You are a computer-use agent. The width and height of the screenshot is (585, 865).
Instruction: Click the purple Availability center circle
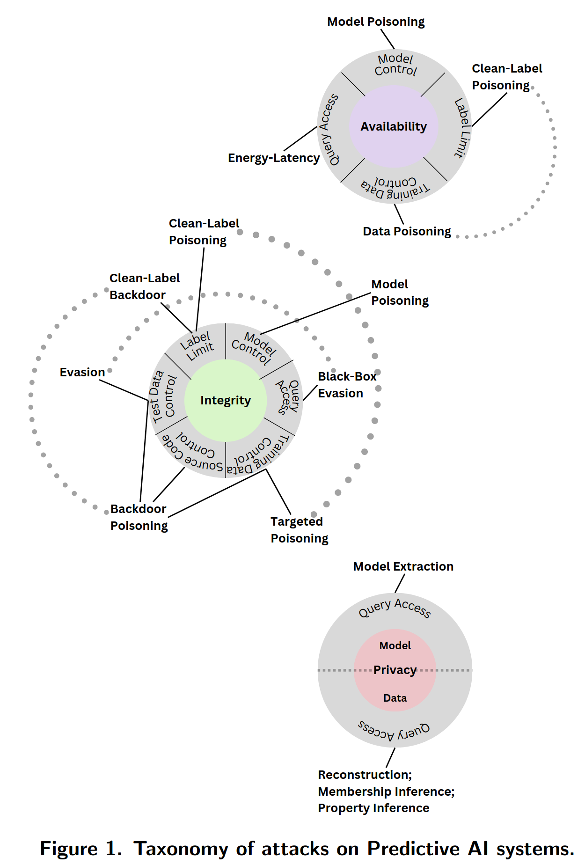coord(394,126)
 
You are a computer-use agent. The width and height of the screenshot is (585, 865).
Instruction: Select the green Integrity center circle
coord(226,401)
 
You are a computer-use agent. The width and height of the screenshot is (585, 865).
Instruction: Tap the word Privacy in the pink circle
coord(395,670)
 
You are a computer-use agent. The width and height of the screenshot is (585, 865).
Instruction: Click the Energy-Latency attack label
coord(274,158)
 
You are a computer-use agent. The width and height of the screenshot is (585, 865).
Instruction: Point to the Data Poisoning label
coord(407,231)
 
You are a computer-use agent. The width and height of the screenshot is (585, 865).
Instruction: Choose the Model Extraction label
coord(403,566)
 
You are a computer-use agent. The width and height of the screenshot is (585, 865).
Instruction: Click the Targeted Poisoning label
coord(299,530)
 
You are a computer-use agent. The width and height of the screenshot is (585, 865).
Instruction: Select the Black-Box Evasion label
coord(347,385)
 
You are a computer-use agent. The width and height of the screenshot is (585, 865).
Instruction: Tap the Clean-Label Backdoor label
coord(144,286)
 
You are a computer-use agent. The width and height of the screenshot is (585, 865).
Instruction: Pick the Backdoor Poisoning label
coord(139,517)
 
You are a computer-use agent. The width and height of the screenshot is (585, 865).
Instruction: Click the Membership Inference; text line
coord(386,792)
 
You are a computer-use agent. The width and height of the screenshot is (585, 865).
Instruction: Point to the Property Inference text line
coord(373,808)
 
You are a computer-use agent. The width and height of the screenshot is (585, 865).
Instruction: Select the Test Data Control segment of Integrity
coord(163,397)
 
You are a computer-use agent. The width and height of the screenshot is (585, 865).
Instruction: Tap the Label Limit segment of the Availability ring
coord(462,127)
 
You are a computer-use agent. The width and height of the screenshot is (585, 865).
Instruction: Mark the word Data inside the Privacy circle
coord(395,698)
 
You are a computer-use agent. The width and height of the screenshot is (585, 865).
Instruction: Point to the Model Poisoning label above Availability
coord(376,22)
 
